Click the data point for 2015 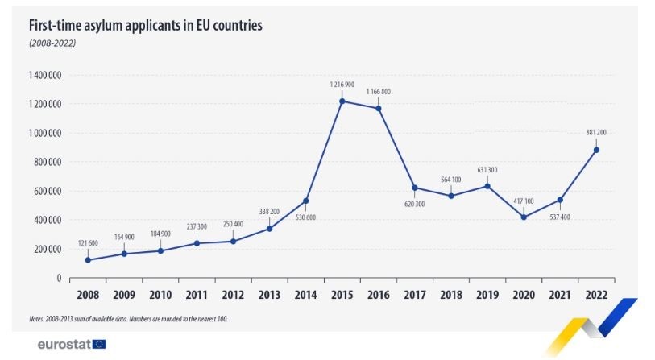(x=342, y=101)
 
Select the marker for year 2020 (x=524, y=217)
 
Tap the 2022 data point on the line (x=597, y=149)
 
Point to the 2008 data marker (x=88, y=260)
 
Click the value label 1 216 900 (x=342, y=84)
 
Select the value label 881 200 (x=597, y=132)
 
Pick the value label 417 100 (x=524, y=201)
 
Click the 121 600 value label (x=88, y=243)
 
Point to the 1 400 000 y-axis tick (x=44, y=75)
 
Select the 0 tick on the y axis (x=59, y=278)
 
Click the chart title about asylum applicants (x=146, y=25)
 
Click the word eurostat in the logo (x=64, y=344)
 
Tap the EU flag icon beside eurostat (x=99, y=344)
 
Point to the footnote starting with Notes (x=129, y=319)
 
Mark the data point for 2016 (x=379, y=108)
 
